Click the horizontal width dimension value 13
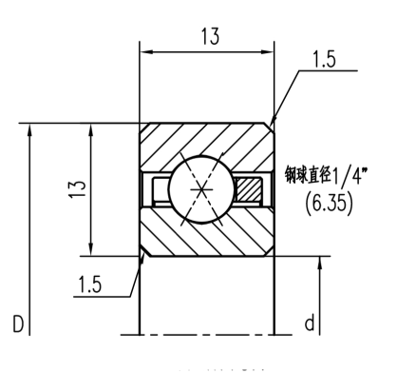pos(210,36)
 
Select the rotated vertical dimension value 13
pos(78,189)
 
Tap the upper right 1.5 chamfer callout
pos(324,59)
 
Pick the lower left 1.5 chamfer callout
pos(90,285)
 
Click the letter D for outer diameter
pos(18,324)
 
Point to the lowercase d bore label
pos(310,324)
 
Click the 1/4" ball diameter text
pos(350,175)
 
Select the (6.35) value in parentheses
pos(329,203)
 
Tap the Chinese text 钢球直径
pos(308,175)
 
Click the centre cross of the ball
pos(201,189)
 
